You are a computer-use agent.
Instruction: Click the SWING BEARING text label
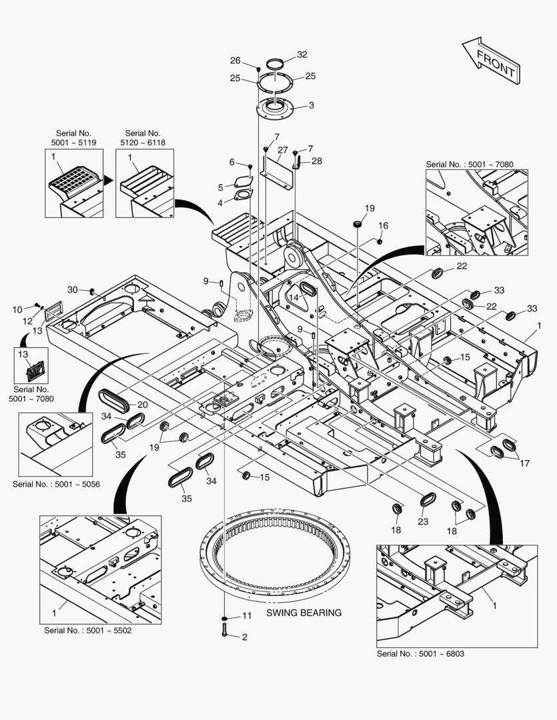click(x=304, y=613)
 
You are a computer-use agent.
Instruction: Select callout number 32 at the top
click(x=302, y=55)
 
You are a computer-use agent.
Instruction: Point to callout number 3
click(x=311, y=105)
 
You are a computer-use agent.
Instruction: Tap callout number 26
click(x=235, y=61)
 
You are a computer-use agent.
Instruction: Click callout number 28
click(x=316, y=161)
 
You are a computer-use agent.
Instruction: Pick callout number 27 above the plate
click(x=282, y=150)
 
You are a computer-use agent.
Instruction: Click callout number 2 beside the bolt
click(x=244, y=637)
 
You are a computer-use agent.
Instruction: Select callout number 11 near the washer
click(x=246, y=615)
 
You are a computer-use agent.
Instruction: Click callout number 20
click(x=142, y=405)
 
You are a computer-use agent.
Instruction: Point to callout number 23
click(x=423, y=521)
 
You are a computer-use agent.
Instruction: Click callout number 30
click(x=72, y=289)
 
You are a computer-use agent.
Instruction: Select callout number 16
click(x=383, y=225)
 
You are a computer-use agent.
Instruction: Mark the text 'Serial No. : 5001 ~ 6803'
click(x=420, y=654)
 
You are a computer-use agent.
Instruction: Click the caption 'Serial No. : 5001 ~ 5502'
click(x=87, y=630)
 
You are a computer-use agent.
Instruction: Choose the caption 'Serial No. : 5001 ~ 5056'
click(x=55, y=483)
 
